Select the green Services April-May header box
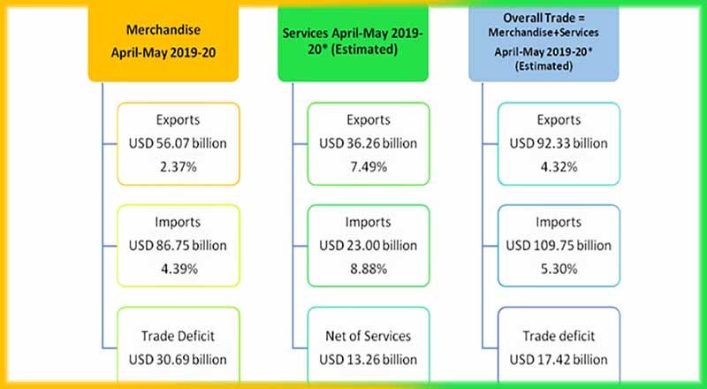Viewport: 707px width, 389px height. click(x=368, y=40)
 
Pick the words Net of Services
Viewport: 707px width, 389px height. click(x=369, y=337)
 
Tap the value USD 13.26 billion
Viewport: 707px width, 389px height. click(x=369, y=359)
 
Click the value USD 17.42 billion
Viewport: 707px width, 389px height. click(x=559, y=359)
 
